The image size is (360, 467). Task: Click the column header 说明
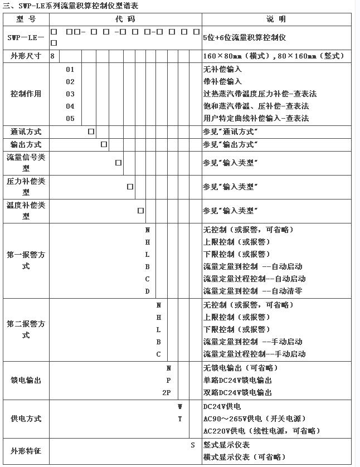(x=276, y=18)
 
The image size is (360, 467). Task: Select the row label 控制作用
(x=26, y=94)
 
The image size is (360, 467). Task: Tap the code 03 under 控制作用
(x=70, y=94)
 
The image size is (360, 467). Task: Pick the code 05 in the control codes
(x=70, y=118)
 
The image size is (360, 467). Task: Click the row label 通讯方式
(x=26, y=132)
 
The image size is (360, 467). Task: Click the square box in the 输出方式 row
(x=104, y=144)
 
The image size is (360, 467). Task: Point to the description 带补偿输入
(x=223, y=81)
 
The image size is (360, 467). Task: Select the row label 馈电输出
(x=26, y=380)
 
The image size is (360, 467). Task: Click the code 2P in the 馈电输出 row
(x=166, y=392)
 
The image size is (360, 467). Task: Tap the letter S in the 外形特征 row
(x=193, y=445)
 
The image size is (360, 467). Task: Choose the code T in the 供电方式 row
(x=180, y=419)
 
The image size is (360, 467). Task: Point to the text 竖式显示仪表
(x=226, y=445)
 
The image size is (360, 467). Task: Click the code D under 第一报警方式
(x=148, y=291)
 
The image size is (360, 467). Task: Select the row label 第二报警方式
(x=26, y=329)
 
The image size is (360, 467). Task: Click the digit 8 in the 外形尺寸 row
(x=52, y=56)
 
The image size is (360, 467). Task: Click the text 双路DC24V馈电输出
(x=237, y=392)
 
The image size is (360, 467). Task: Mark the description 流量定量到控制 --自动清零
(x=252, y=291)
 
